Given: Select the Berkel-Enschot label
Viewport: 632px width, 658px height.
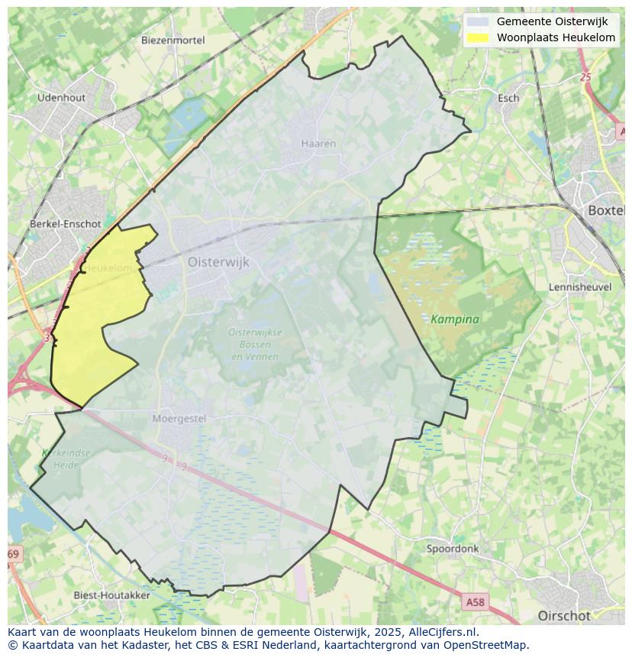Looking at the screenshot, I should tap(65, 224).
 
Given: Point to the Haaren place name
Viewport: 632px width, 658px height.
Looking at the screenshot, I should tap(318, 144).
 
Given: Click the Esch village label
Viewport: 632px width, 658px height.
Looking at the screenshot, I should tap(508, 98).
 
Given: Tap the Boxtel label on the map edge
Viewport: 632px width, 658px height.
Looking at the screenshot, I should tap(606, 210).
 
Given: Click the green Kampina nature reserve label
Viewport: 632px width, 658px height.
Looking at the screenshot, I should tap(455, 319).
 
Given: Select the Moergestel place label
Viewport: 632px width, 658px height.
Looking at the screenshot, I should tap(179, 419).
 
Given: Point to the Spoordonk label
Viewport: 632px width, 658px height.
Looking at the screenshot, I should tap(453, 549).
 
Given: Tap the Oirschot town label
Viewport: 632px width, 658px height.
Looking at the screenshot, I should tap(564, 616).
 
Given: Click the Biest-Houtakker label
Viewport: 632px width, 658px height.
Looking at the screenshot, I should tap(111, 595).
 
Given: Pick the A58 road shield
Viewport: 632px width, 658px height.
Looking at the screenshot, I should tap(475, 602).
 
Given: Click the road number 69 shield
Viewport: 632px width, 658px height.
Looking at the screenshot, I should tap(13, 553).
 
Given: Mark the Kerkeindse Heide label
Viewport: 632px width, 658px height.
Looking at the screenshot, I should tap(66, 459).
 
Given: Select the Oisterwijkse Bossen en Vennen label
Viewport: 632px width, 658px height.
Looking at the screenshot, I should tap(255, 344).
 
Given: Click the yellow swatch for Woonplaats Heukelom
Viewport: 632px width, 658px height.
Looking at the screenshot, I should tap(478, 37).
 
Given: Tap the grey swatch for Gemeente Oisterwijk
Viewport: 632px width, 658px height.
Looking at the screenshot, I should tap(478, 21).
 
